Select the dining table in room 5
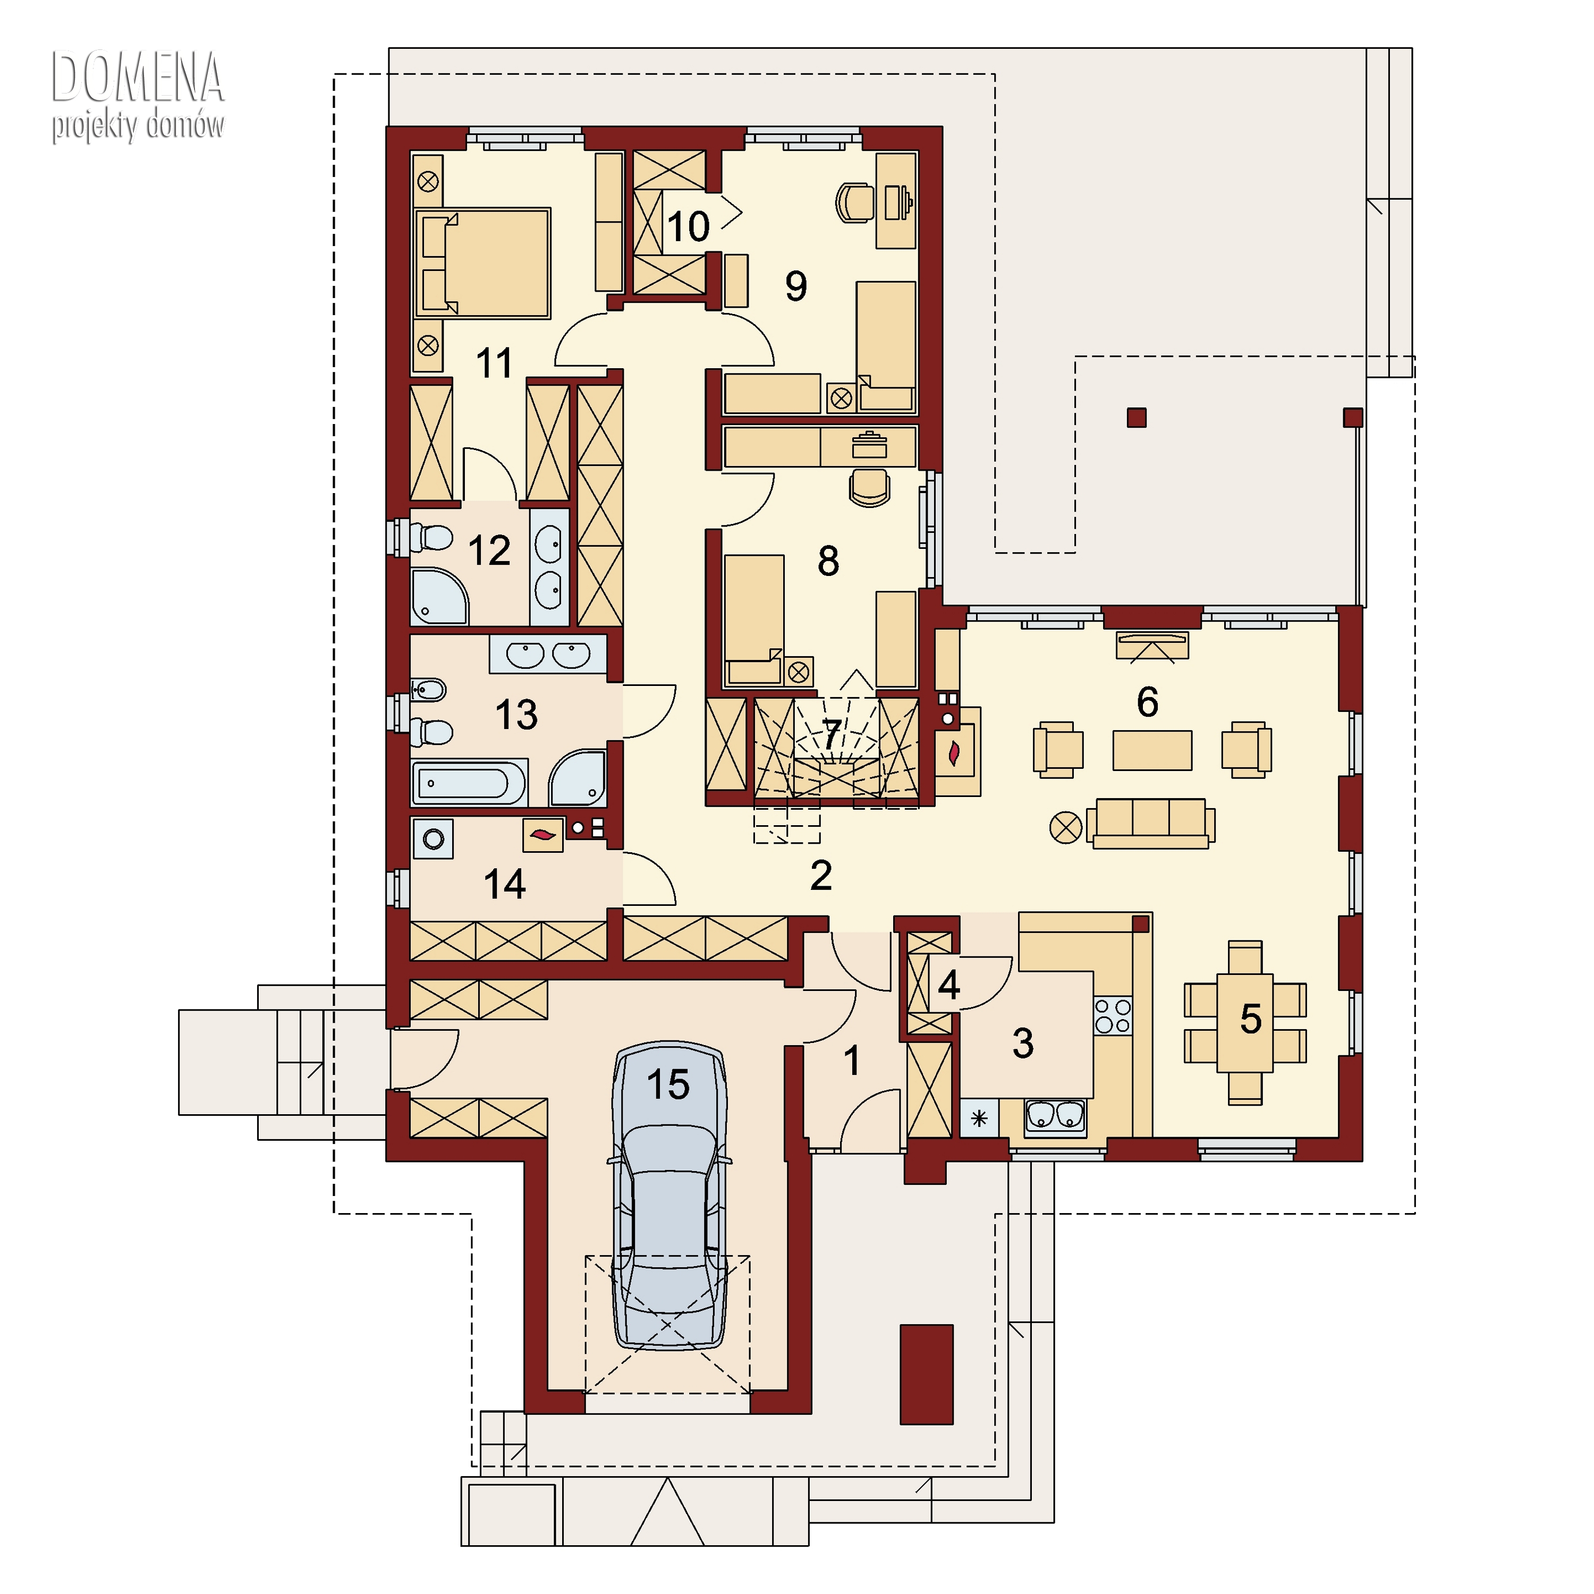1245,1023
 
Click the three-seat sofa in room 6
1151,822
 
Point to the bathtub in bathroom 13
469,782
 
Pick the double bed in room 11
482,263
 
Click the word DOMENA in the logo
138,77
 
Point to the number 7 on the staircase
832,733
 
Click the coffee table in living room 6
1152,750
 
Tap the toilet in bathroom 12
431,538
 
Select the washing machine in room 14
433,839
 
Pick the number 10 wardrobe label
688,226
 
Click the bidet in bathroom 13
428,689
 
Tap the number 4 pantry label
949,985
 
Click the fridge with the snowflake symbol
979,1119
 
